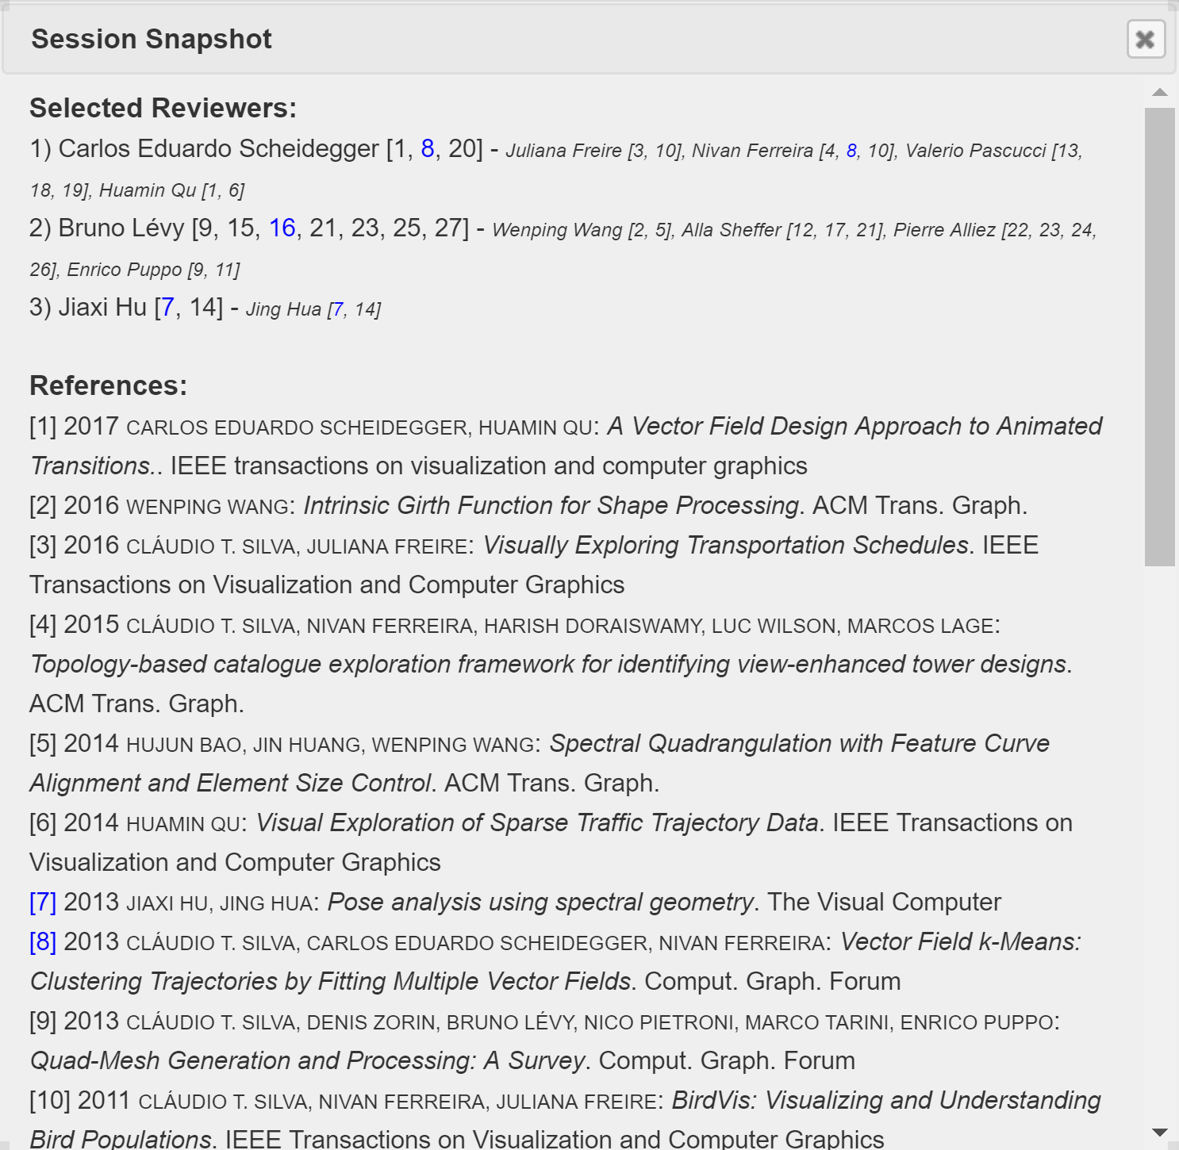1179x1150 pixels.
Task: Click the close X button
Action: [x=1146, y=39]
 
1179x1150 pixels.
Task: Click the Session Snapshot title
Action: [x=151, y=39]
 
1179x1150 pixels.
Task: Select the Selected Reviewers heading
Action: [x=163, y=108]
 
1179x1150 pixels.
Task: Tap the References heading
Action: [x=108, y=385]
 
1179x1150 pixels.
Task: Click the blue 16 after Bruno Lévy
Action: [x=282, y=228]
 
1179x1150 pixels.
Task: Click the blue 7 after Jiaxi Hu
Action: [x=167, y=308]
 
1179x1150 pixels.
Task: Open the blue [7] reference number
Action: [x=43, y=903]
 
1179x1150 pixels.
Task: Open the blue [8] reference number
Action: [x=43, y=942]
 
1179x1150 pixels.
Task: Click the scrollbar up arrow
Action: [x=1160, y=92]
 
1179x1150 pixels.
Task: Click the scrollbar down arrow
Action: [x=1160, y=1133]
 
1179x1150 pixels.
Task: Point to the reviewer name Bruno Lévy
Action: [x=121, y=228]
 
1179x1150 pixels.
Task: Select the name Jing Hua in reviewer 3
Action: [x=283, y=309]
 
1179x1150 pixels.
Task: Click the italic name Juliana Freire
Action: [x=563, y=151]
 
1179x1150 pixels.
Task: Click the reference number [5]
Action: [x=43, y=744]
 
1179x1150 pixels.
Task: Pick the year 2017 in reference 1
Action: [x=91, y=427]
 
